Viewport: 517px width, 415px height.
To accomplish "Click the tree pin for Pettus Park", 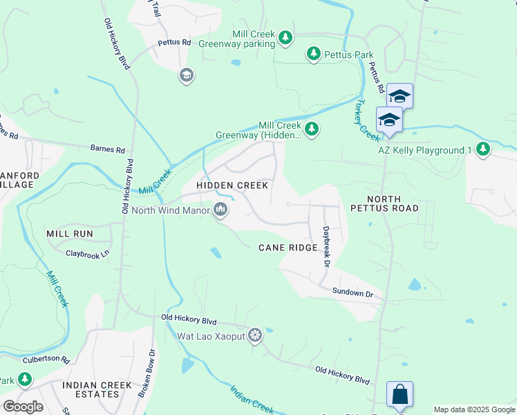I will tap(314, 54).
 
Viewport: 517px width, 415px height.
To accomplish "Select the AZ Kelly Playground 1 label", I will tap(424, 149).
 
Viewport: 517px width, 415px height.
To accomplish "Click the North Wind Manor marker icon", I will tap(220, 209).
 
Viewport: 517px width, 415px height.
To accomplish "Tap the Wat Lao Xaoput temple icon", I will tap(255, 335).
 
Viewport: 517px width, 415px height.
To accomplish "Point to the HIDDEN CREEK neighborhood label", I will tap(232, 185).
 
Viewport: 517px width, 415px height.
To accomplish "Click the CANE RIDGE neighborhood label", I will tap(288, 248).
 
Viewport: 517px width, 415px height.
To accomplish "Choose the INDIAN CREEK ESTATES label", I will tap(91, 389).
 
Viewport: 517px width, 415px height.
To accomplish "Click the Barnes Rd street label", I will tap(107, 149).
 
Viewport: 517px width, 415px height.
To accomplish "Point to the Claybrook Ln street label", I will tap(88, 254).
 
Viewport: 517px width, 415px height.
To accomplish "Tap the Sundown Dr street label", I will tap(352, 293).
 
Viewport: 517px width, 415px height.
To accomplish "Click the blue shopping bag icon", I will tap(399, 395).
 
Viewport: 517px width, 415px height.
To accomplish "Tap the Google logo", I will tap(23, 406).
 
